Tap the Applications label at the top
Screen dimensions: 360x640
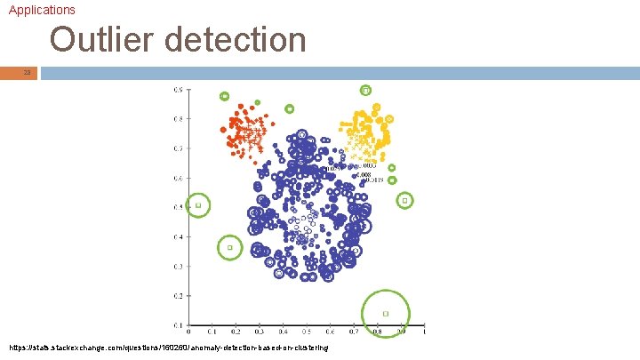tap(42, 10)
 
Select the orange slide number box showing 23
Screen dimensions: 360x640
tap(27, 72)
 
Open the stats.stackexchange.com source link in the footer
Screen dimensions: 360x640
tap(169, 347)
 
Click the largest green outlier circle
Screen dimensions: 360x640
tap(386, 313)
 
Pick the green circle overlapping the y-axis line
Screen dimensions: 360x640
tap(198, 205)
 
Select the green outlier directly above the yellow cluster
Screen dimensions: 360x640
tap(365, 90)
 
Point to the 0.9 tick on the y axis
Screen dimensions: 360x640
tap(179, 90)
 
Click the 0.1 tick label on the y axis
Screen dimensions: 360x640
tap(179, 324)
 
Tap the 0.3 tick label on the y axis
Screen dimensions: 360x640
tap(179, 266)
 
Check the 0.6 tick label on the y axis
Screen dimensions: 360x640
tap(179, 178)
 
